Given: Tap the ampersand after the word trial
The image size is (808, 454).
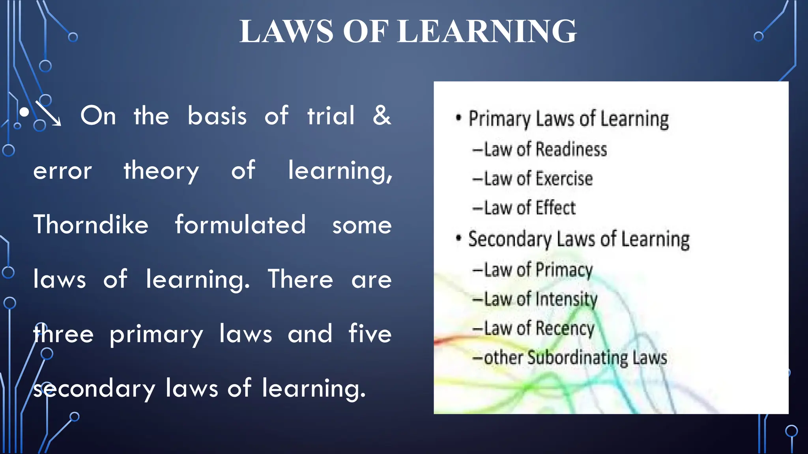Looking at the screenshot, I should pos(382,115).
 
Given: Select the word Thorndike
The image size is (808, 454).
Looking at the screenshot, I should pos(91,225).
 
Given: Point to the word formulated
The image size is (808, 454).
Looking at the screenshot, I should pos(240,225).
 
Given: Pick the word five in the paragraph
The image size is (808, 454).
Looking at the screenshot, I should pos(370,333).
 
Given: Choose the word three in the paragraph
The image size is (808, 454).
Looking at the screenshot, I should pos(64,333).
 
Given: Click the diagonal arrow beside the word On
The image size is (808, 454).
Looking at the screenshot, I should pos(48,113).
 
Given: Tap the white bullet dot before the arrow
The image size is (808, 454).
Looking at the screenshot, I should pos(24,113).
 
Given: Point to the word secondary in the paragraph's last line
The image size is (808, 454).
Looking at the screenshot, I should pos(94,388).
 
